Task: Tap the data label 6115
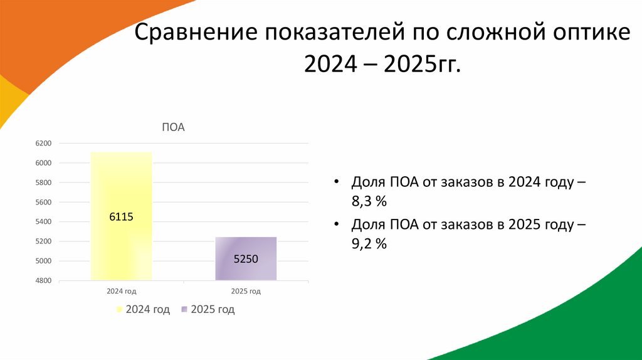click(x=122, y=216)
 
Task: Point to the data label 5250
click(x=246, y=258)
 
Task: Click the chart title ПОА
click(x=174, y=127)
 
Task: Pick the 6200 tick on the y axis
click(x=43, y=144)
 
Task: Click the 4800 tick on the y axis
click(x=43, y=280)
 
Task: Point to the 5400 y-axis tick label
click(x=43, y=222)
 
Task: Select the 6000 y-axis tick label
click(x=43, y=163)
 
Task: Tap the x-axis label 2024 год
click(x=122, y=291)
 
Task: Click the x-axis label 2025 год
click(x=246, y=291)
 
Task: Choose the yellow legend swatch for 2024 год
click(x=118, y=310)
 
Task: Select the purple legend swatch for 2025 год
click(x=184, y=310)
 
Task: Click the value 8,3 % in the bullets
click(x=369, y=201)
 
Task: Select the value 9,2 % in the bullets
click(x=369, y=244)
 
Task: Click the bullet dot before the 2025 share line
click(x=337, y=225)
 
